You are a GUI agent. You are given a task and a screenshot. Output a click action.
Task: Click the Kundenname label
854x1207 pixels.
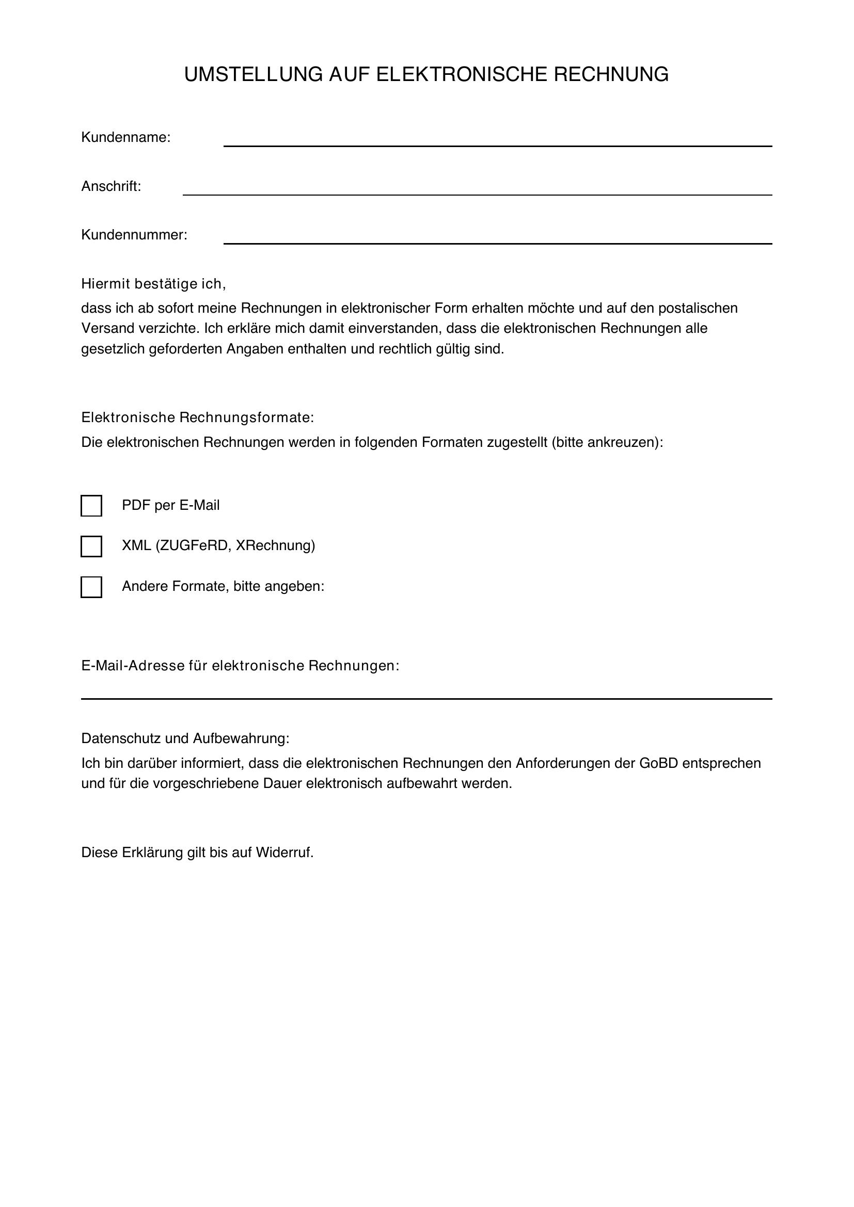tap(125, 138)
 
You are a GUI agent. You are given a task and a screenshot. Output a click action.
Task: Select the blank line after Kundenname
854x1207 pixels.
tap(497, 142)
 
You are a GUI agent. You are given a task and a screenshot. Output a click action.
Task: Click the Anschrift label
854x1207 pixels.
tap(111, 187)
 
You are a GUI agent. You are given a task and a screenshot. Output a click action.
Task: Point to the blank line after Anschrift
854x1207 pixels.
tap(477, 191)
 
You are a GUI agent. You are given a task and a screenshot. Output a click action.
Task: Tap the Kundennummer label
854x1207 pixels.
tap(134, 235)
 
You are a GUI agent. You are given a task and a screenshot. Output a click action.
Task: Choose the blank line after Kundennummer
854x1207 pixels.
tap(497, 240)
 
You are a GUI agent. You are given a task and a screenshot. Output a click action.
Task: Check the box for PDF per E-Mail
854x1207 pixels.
tap(91, 506)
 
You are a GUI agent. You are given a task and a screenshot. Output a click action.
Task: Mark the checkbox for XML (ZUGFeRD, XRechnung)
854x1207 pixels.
tap(91, 546)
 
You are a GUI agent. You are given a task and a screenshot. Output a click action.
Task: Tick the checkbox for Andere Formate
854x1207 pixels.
tap(91, 587)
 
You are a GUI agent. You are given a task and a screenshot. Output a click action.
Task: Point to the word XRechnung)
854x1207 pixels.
tap(275, 545)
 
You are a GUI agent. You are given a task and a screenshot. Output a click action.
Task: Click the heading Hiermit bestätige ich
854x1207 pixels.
tap(153, 284)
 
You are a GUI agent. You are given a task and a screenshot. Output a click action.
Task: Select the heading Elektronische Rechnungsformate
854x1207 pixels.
tap(197, 418)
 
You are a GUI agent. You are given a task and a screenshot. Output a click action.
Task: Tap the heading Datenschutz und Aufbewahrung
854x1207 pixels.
tap(185, 738)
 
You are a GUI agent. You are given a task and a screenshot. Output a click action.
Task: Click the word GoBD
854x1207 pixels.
tap(658, 763)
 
